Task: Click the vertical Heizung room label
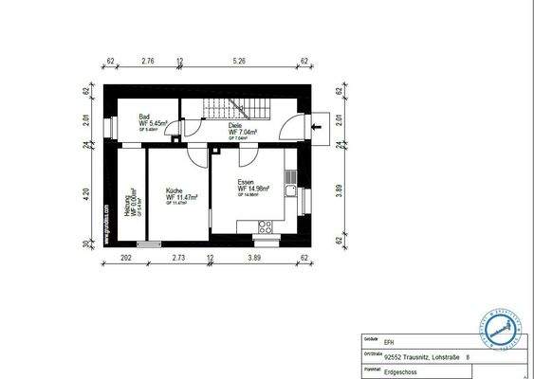click(132, 202)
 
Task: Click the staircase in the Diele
click(227, 108)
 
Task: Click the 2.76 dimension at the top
click(148, 61)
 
